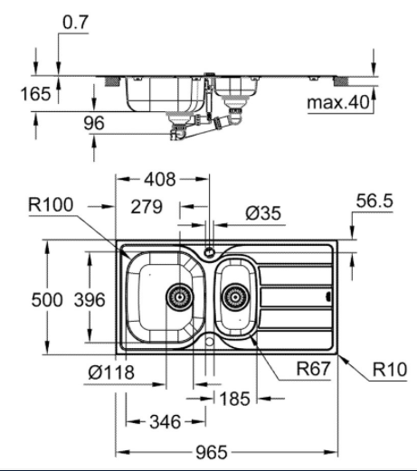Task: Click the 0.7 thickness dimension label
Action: [x=75, y=23]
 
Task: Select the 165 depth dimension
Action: [x=35, y=94]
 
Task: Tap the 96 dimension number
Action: [x=94, y=123]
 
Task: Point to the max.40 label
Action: [x=338, y=102]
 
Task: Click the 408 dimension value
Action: [x=160, y=179]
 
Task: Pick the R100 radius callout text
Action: [x=51, y=204]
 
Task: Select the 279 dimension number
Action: [x=147, y=207]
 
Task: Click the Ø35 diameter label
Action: [x=263, y=213]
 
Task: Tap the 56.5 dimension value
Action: [x=374, y=201]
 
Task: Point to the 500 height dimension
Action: [x=47, y=300]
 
